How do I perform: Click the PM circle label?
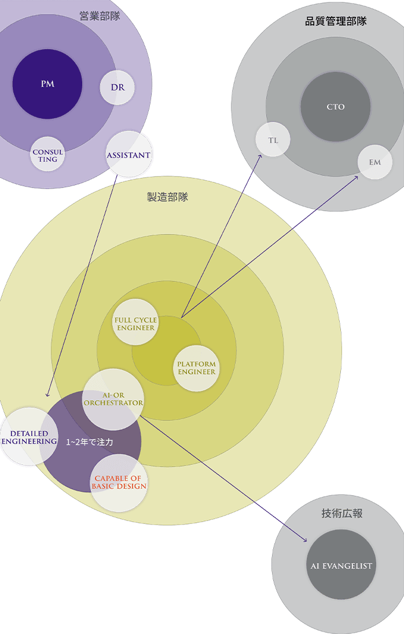point(47,84)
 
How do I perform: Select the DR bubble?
point(117,88)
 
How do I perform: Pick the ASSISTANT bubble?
point(128,155)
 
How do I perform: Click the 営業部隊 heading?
point(100,16)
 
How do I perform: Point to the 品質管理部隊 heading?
point(336,21)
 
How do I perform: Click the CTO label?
point(336,107)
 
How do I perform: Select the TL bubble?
point(273,140)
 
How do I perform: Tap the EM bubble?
point(375,162)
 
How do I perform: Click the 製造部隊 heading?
point(167,197)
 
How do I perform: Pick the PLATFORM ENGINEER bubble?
point(197,368)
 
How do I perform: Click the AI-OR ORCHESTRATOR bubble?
point(113,398)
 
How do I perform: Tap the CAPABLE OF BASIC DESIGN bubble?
point(119,482)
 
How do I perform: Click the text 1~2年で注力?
point(89,442)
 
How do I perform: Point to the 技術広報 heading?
point(341,513)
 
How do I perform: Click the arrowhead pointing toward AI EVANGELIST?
point(304,540)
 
